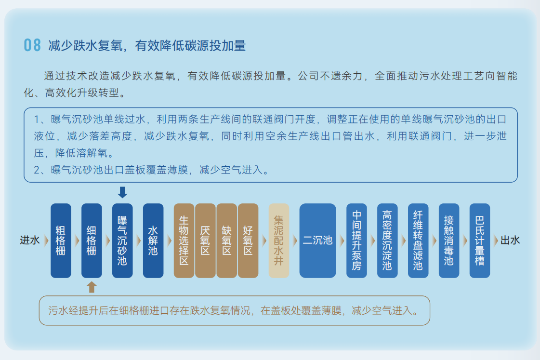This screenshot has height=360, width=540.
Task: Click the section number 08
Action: (x=32, y=45)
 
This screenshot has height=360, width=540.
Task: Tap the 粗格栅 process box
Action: (x=61, y=240)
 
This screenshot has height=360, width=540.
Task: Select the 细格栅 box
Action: (x=92, y=240)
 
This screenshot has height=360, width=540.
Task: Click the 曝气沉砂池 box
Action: (x=123, y=240)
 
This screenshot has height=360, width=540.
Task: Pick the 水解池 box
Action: (x=153, y=240)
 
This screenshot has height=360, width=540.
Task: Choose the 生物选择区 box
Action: (x=184, y=240)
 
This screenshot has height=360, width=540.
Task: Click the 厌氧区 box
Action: (x=205, y=240)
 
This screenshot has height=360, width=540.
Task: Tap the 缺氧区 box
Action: (x=226, y=240)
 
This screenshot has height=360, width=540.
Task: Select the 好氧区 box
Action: (x=248, y=240)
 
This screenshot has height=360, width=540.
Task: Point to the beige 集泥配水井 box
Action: (x=278, y=240)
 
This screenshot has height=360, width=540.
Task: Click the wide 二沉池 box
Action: (x=317, y=240)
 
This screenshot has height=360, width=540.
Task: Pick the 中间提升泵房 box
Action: (x=356, y=240)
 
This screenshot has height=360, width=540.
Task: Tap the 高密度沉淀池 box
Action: (x=387, y=240)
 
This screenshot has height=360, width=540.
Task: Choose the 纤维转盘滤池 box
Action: (x=418, y=240)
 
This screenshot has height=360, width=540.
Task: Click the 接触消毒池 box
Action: (x=449, y=240)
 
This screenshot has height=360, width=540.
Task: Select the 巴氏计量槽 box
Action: (x=480, y=240)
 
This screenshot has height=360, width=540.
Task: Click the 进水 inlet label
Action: (x=29, y=240)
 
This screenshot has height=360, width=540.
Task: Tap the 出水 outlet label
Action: (x=510, y=240)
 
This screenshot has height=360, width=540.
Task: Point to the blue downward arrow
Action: (x=123, y=192)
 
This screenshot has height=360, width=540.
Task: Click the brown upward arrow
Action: (x=92, y=287)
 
